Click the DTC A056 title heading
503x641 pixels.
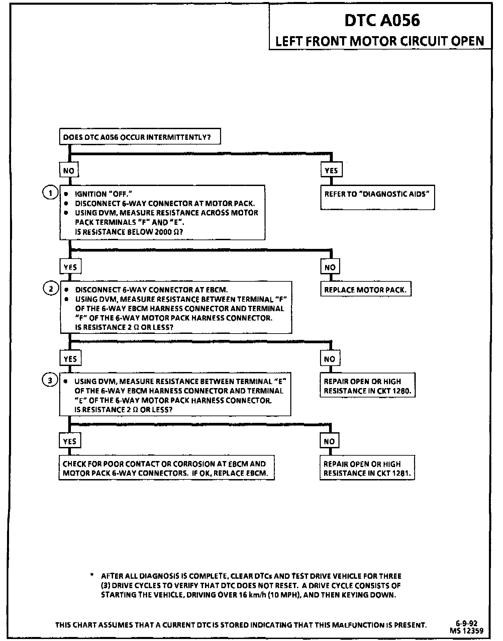point(382,20)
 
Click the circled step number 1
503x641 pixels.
point(51,193)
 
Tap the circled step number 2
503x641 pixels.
point(51,289)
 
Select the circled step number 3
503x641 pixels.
point(50,380)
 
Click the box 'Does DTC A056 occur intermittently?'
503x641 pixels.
point(140,137)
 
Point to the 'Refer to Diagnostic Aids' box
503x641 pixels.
point(377,197)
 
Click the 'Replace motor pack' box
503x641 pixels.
point(366,290)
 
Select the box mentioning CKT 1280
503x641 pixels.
point(367,386)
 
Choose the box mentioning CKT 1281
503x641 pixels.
point(367,468)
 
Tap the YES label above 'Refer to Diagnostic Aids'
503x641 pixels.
point(331,171)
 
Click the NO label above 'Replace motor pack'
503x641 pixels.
point(330,267)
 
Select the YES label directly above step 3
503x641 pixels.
point(70,359)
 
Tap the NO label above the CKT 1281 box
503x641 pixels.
point(329,441)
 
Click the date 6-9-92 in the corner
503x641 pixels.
point(467,623)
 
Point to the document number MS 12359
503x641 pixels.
point(467,631)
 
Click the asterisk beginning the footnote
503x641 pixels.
point(92,575)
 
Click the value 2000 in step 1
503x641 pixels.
point(163,232)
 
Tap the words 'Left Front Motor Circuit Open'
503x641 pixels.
point(380,41)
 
